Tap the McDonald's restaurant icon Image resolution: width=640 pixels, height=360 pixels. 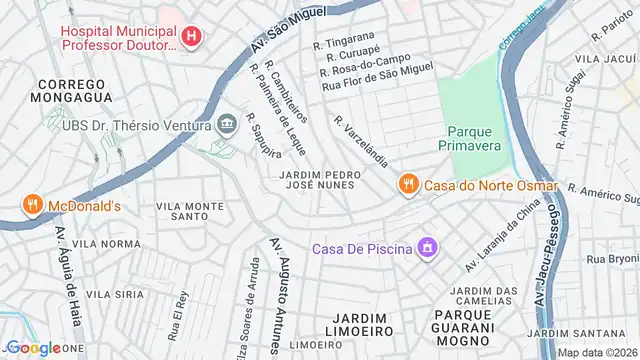tap(33, 206)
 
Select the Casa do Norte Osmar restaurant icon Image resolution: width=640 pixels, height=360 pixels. tap(407, 184)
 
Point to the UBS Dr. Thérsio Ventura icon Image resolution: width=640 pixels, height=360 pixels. tap(226, 125)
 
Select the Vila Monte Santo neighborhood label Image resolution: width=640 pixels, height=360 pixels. tap(190, 210)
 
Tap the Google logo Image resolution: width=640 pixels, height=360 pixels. tap(33, 348)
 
